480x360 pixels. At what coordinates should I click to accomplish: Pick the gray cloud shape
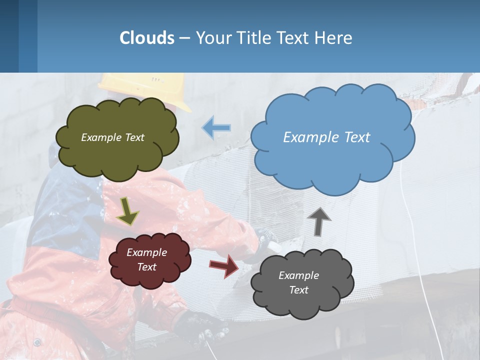pyautogui.click(x=302, y=300)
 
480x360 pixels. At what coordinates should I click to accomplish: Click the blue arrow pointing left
pyautogui.click(x=216, y=128)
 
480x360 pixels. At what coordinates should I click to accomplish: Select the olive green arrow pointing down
pyautogui.click(x=127, y=211)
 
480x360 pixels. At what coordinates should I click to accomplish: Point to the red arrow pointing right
pyautogui.click(x=224, y=265)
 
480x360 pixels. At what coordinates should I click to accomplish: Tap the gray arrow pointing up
pyautogui.click(x=319, y=220)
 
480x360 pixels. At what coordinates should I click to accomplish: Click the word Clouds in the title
pyautogui.click(x=147, y=37)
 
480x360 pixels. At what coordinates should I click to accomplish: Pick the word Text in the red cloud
pyautogui.click(x=147, y=267)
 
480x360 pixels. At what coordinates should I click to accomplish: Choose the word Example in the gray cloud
pyautogui.click(x=298, y=275)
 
